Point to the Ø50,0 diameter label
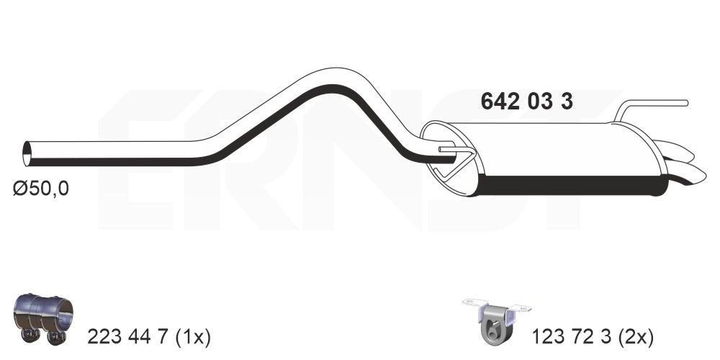coord(41,189)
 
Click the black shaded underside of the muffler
coord(569,185)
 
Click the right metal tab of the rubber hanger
coord(520,308)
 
